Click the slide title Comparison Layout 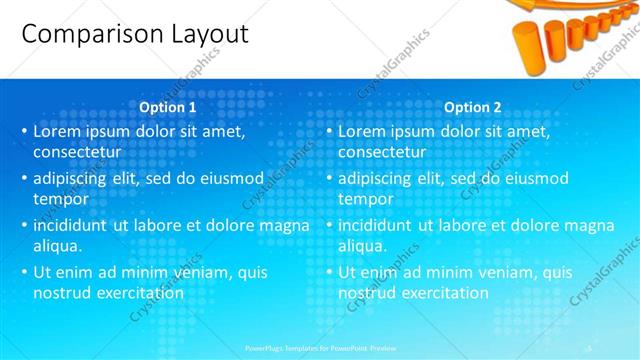pos(134,33)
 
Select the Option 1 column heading pos(167,107)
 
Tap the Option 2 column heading pos(472,107)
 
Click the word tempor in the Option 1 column pos(60,198)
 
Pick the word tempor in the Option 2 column pos(365,198)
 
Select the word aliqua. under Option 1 pos(58,245)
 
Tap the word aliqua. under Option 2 pos(363,245)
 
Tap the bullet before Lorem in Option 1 pos(24,132)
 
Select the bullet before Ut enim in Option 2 pos(329,272)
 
